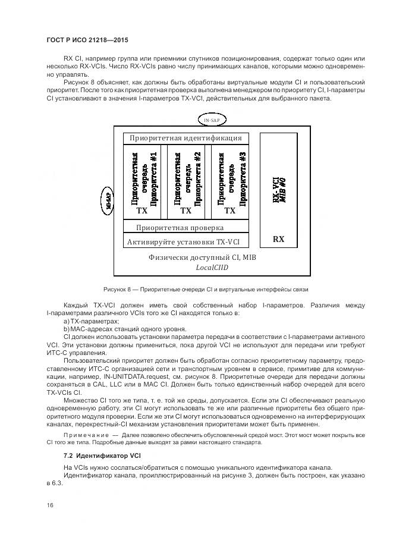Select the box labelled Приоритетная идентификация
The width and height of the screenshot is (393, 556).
point(186,138)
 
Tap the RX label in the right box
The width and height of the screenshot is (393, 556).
point(278,240)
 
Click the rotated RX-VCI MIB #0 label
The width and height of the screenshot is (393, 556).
point(279,190)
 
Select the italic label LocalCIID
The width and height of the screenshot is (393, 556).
point(212,268)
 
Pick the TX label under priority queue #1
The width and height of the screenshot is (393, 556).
point(142,211)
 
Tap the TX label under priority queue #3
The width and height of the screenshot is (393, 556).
point(229,211)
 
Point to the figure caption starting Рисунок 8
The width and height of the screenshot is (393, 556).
point(206,290)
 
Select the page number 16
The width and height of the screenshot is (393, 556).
point(51,505)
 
